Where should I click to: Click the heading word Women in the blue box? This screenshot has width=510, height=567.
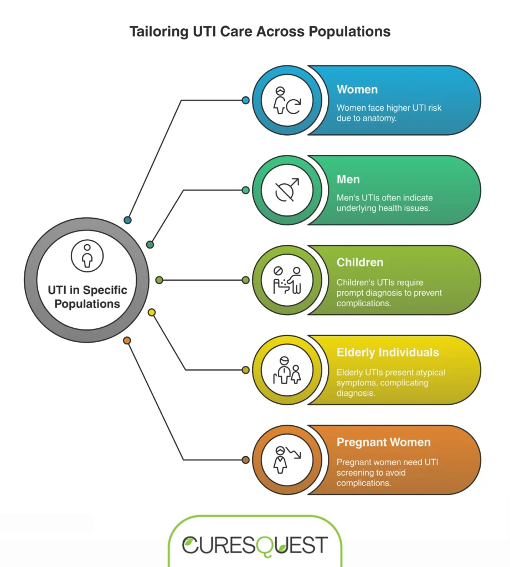pos(357,90)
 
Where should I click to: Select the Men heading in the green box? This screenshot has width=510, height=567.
pos(348,179)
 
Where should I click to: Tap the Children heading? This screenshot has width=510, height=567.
pos(360,262)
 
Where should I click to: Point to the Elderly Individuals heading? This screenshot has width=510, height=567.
pos(388,352)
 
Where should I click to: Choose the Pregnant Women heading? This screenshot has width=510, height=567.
pos(384,442)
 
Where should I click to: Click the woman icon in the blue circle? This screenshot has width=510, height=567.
pos(287,101)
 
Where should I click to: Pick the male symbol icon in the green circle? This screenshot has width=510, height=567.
pos(287,190)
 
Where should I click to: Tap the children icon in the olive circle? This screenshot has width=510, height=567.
pos(287,280)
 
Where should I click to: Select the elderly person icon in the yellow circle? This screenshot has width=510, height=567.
pos(287,370)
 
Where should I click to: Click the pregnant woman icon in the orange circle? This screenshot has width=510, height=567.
pos(287,460)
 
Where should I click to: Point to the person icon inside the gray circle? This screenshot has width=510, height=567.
pos(87,255)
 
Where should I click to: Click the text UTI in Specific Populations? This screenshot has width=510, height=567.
pos(87,297)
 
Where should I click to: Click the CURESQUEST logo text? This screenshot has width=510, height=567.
pos(255,545)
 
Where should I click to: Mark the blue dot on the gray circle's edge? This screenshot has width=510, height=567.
pos(128,220)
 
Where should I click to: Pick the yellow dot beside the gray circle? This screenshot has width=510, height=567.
pos(152,313)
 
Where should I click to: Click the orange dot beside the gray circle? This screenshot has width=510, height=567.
pos(127,341)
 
